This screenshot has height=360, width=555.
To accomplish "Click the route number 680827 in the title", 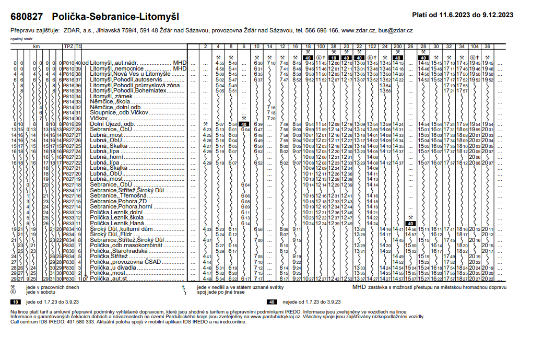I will coord(27,17).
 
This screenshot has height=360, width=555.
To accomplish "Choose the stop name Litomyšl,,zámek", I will coord(112,97).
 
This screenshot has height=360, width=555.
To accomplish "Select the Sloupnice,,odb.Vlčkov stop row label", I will coord(120,112).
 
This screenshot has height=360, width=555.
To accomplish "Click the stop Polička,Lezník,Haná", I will coord(114,223).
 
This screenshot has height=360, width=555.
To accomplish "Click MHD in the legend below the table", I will coord(359,286).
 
